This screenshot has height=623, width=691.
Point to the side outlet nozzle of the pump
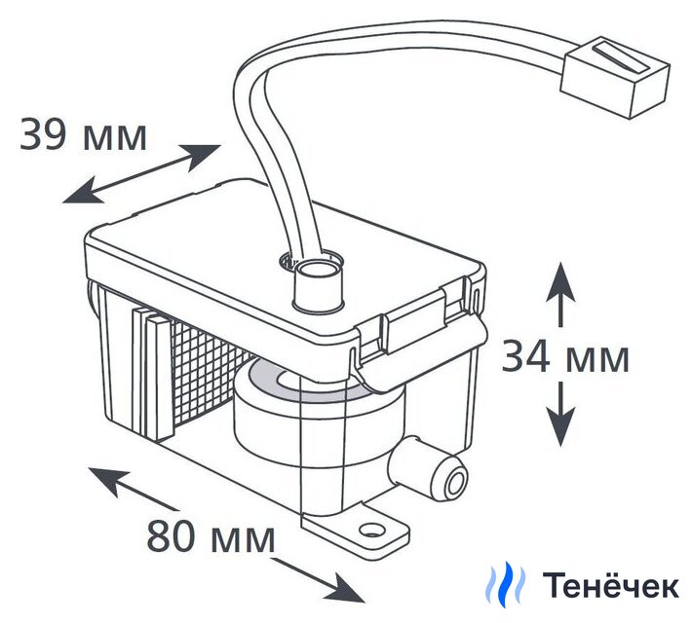tap(447, 478)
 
